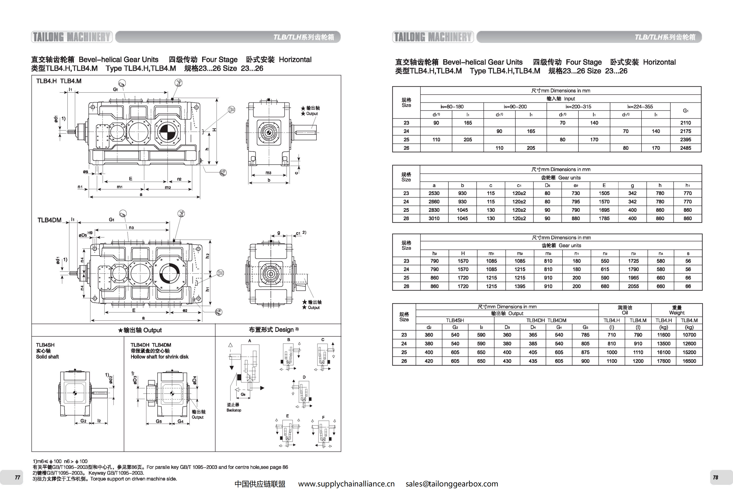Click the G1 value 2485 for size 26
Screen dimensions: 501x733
(685, 148)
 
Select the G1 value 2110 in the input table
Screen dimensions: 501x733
(685, 123)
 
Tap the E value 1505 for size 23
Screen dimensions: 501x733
(604, 193)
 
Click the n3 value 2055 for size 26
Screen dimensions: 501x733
(633, 286)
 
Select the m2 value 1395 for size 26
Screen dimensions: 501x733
(520, 286)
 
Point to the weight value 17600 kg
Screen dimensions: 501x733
(664, 361)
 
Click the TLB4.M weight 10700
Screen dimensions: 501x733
(689, 335)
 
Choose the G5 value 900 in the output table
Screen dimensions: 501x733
(585, 361)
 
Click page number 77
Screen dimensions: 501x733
(17, 477)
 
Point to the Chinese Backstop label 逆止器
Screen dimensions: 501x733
(233, 404)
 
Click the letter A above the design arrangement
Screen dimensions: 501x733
(249, 341)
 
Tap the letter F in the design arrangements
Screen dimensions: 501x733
(323, 417)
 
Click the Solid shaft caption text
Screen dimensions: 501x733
(47, 357)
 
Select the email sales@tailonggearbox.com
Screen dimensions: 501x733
(452, 484)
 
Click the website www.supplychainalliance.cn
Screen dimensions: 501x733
(346, 484)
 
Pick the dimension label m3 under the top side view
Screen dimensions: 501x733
(268, 173)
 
